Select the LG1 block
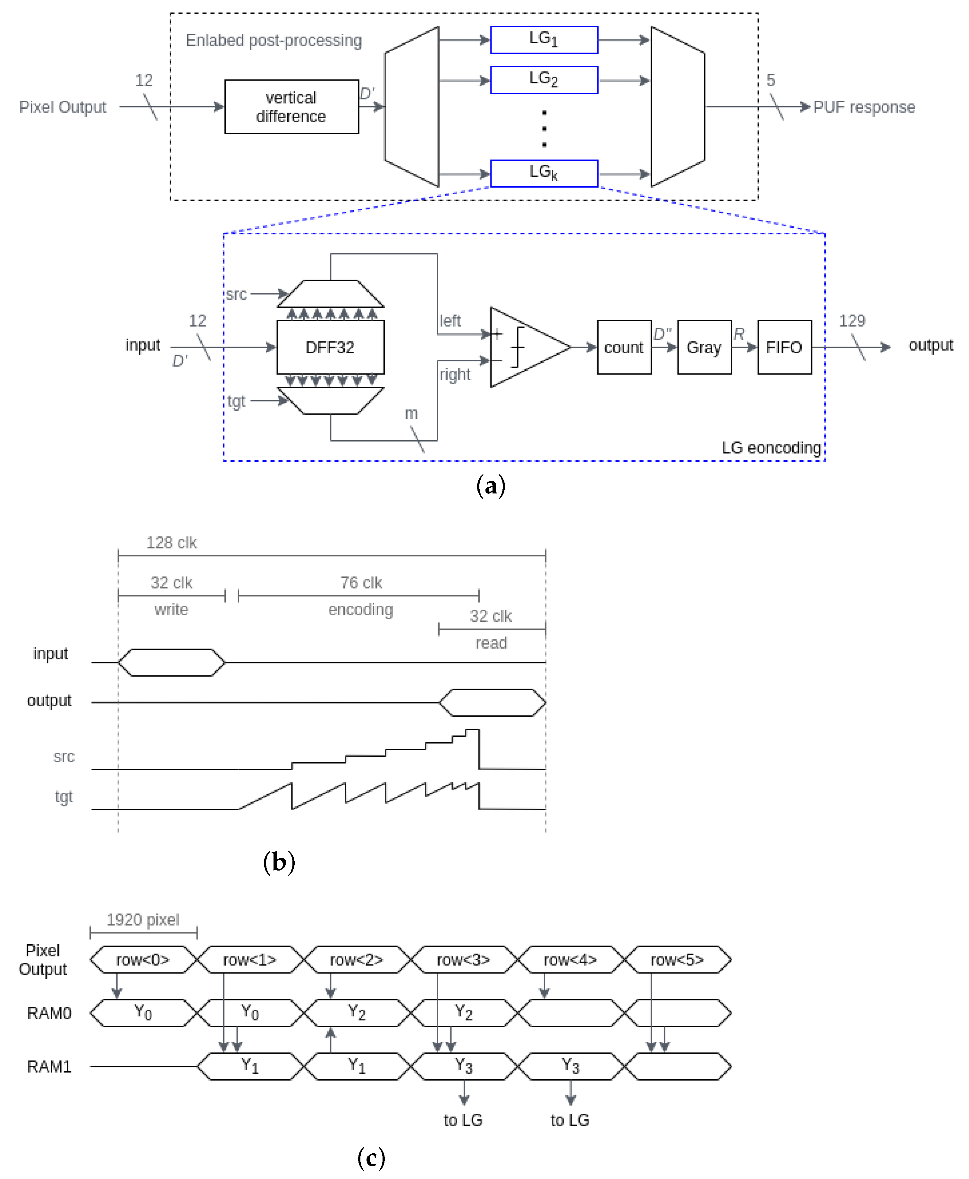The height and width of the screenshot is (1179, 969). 544,40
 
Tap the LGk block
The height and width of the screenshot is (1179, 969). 544,173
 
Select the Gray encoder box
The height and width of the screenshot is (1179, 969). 704,347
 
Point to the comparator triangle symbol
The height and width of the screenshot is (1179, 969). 525,347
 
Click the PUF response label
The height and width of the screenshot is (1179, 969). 864,107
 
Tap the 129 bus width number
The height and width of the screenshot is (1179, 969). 852,321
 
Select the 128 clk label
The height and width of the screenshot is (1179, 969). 171,543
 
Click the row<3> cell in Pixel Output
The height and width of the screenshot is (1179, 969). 463,960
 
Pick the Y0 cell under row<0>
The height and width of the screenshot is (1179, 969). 143,1013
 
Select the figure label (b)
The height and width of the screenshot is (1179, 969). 279,863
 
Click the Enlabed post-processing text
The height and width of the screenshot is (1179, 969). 274,40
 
